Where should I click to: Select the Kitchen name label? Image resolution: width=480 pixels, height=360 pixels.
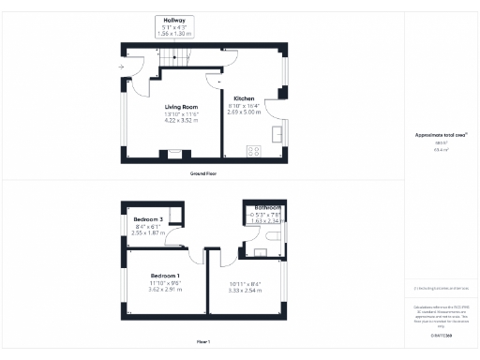coord(244,98)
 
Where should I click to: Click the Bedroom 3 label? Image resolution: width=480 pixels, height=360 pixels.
coord(149,219)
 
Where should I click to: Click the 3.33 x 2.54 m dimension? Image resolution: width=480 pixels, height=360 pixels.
coord(246,291)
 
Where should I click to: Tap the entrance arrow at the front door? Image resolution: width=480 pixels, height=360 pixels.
coord(122,67)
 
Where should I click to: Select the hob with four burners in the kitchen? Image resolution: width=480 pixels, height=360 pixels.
coord(253,149)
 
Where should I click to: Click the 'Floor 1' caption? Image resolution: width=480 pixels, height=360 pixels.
coord(203,341)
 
